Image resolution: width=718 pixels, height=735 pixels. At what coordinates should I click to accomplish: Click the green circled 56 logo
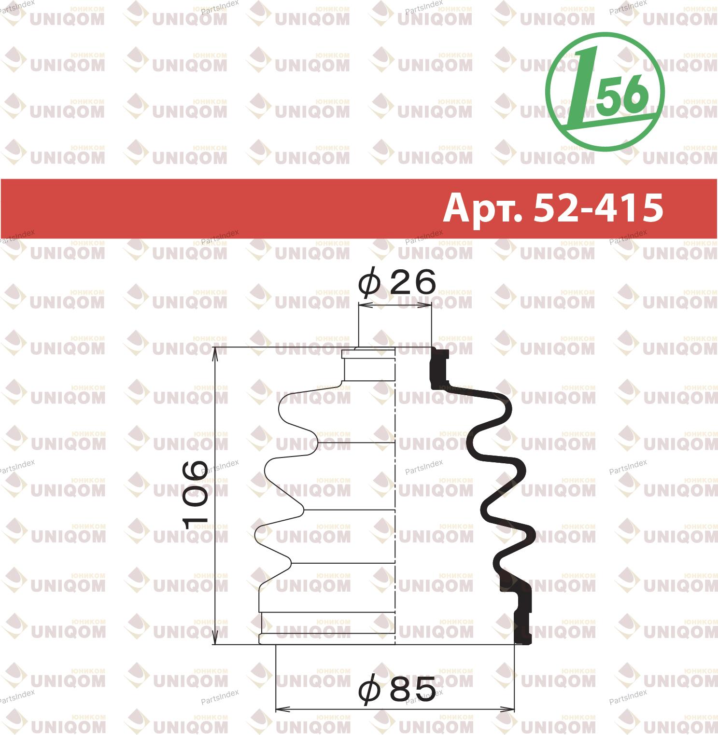pyautogui.click(x=605, y=92)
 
